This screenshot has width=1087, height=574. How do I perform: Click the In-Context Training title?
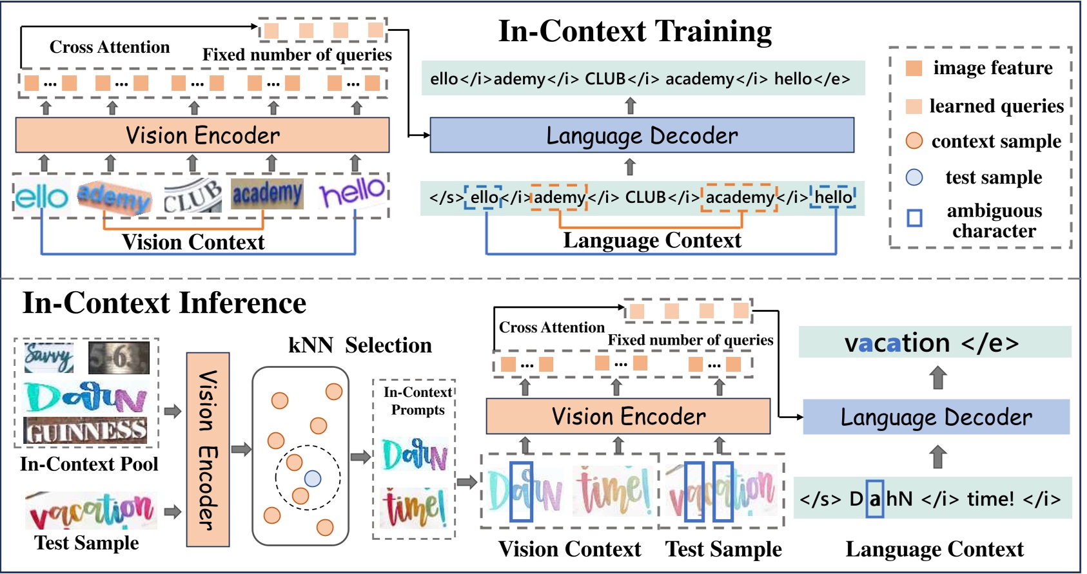pos(635,31)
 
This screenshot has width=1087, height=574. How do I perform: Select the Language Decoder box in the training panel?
pos(641,135)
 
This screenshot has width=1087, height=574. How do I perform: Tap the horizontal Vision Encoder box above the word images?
pos(202,135)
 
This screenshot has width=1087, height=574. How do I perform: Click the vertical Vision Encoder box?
pos(208,450)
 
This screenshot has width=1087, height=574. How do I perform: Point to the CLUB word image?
pos(192,195)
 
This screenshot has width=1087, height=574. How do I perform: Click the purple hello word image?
pos(353,191)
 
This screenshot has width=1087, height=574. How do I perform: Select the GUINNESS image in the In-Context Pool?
pos(85,430)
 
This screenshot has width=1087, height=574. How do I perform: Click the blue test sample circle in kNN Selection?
pos(313,479)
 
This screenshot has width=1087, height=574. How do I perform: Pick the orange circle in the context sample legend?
pos(914,141)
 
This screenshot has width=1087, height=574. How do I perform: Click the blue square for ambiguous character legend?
pos(914,218)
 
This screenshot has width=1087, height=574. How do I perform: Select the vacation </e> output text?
pos(932,343)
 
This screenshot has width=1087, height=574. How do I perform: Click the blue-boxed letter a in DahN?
pos(875,499)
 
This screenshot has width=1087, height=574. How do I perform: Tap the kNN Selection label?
pos(360,345)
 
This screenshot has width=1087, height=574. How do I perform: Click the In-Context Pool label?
pos(89,464)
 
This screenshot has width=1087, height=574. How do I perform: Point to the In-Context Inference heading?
pos(164,303)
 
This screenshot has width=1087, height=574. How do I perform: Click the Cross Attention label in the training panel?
pos(110,47)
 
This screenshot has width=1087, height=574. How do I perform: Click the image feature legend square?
pos(914,68)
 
